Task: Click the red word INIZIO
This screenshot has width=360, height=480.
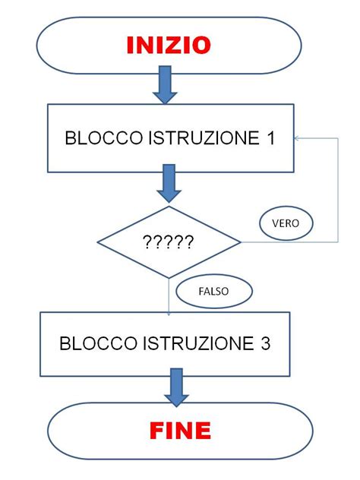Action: pyautogui.click(x=169, y=46)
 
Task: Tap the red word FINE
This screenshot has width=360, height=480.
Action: pyautogui.click(x=179, y=431)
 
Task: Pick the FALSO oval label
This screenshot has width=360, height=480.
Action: pyautogui.click(x=213, y=290)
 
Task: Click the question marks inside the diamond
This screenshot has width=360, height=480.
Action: pyautogui.click(x=169, y=243)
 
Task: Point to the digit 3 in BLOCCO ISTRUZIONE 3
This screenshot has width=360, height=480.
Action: pyautogui.click(x=264, y=343)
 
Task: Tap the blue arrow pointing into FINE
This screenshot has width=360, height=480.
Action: pyautogui.click(x=176, y=387)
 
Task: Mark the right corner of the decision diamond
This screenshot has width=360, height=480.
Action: pyautogui.click(x=240, y=243)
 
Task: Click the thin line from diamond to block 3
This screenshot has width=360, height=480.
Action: pyautogui.click(x=169, y=296)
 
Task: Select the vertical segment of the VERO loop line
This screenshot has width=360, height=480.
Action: pyautogui.click(x=338, y=190)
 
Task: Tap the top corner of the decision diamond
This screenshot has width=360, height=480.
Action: pyautogui.click(x=169, y=207)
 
